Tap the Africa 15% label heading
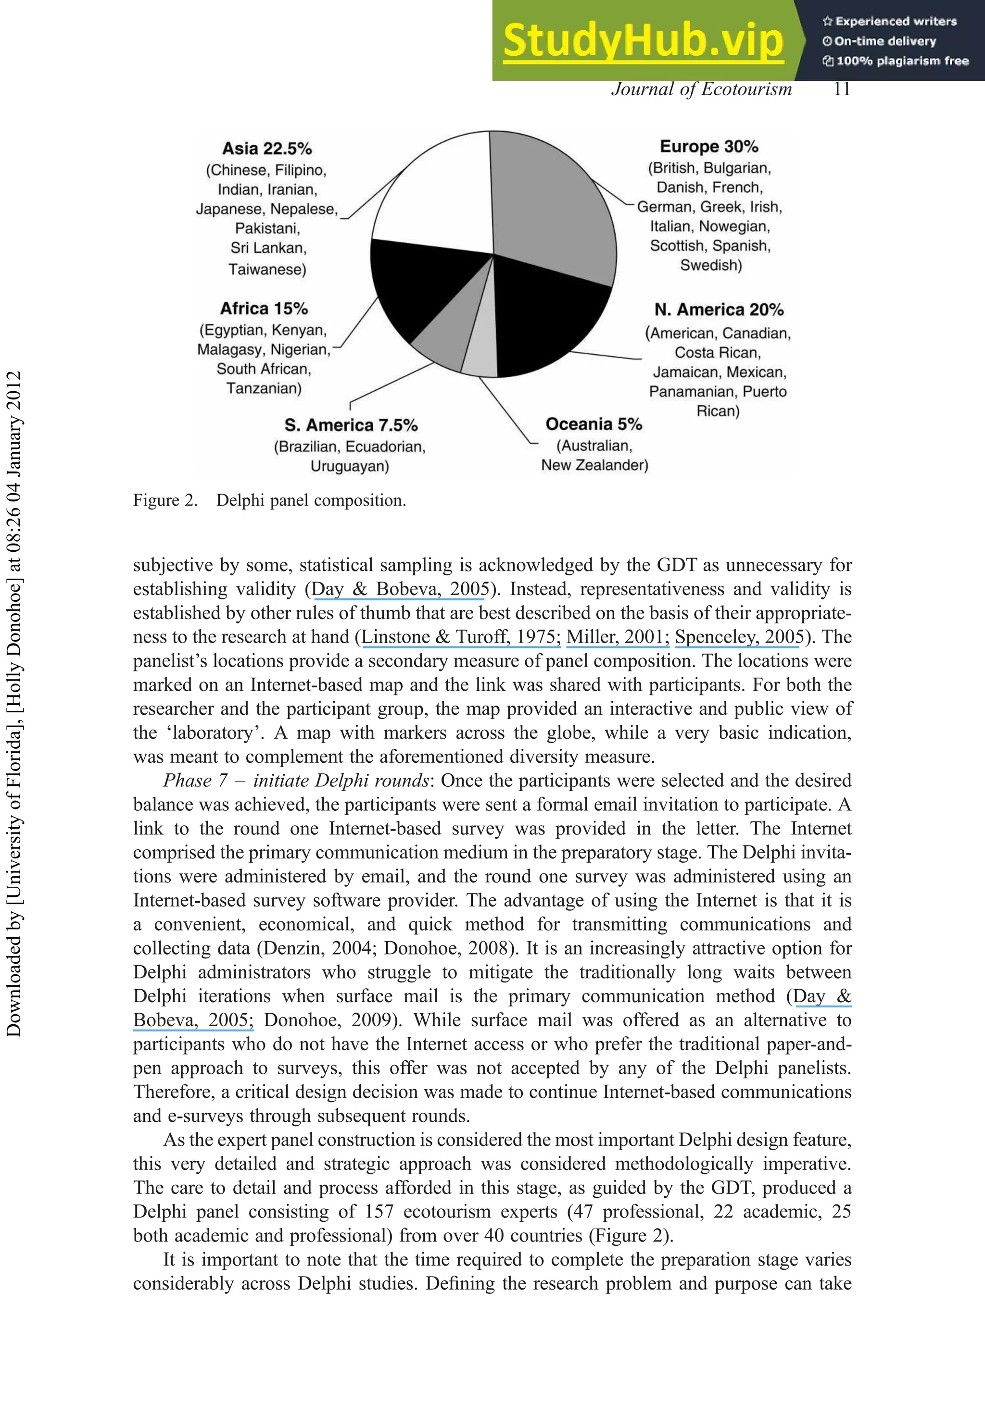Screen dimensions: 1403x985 [264, 309]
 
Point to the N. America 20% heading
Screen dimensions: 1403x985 [719, 310]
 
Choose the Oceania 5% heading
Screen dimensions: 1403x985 [593, 424]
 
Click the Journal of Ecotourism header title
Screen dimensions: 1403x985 [701, 89]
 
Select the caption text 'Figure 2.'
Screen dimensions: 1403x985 [165, 500]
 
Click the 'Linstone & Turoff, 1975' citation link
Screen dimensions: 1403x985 [460, 637]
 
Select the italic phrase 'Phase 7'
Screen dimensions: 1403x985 [195, 781]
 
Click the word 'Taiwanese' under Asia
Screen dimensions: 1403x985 [267, 270]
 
